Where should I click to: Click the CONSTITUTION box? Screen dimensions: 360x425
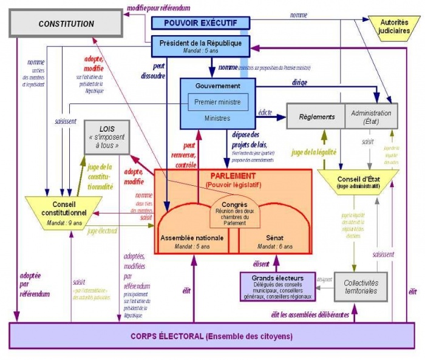(x=66, y=24)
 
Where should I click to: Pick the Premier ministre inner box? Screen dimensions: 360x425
(x=217, y=102)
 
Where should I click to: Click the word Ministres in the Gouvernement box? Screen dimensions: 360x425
(x=217, y=118)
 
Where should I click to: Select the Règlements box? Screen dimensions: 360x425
(x=317, y=116)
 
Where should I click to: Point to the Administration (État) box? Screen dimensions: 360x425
(x=371, y=116)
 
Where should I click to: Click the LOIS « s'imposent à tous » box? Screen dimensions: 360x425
(x=107, y=137)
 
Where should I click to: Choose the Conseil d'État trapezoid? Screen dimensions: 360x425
(x=358, y=181)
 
